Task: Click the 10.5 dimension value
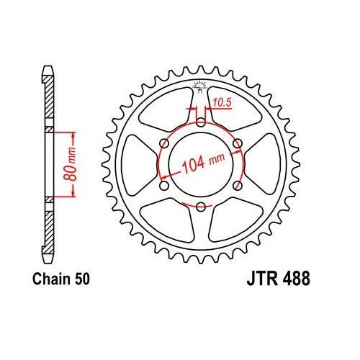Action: (219, 102)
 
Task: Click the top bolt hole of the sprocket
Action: (199, 121)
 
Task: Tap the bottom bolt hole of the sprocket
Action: (199, 207)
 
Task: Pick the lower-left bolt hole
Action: (163, 186)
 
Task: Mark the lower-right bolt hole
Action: (237, 186)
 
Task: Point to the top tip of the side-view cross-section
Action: (47, 69)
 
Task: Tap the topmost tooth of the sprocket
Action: (199, 70)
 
